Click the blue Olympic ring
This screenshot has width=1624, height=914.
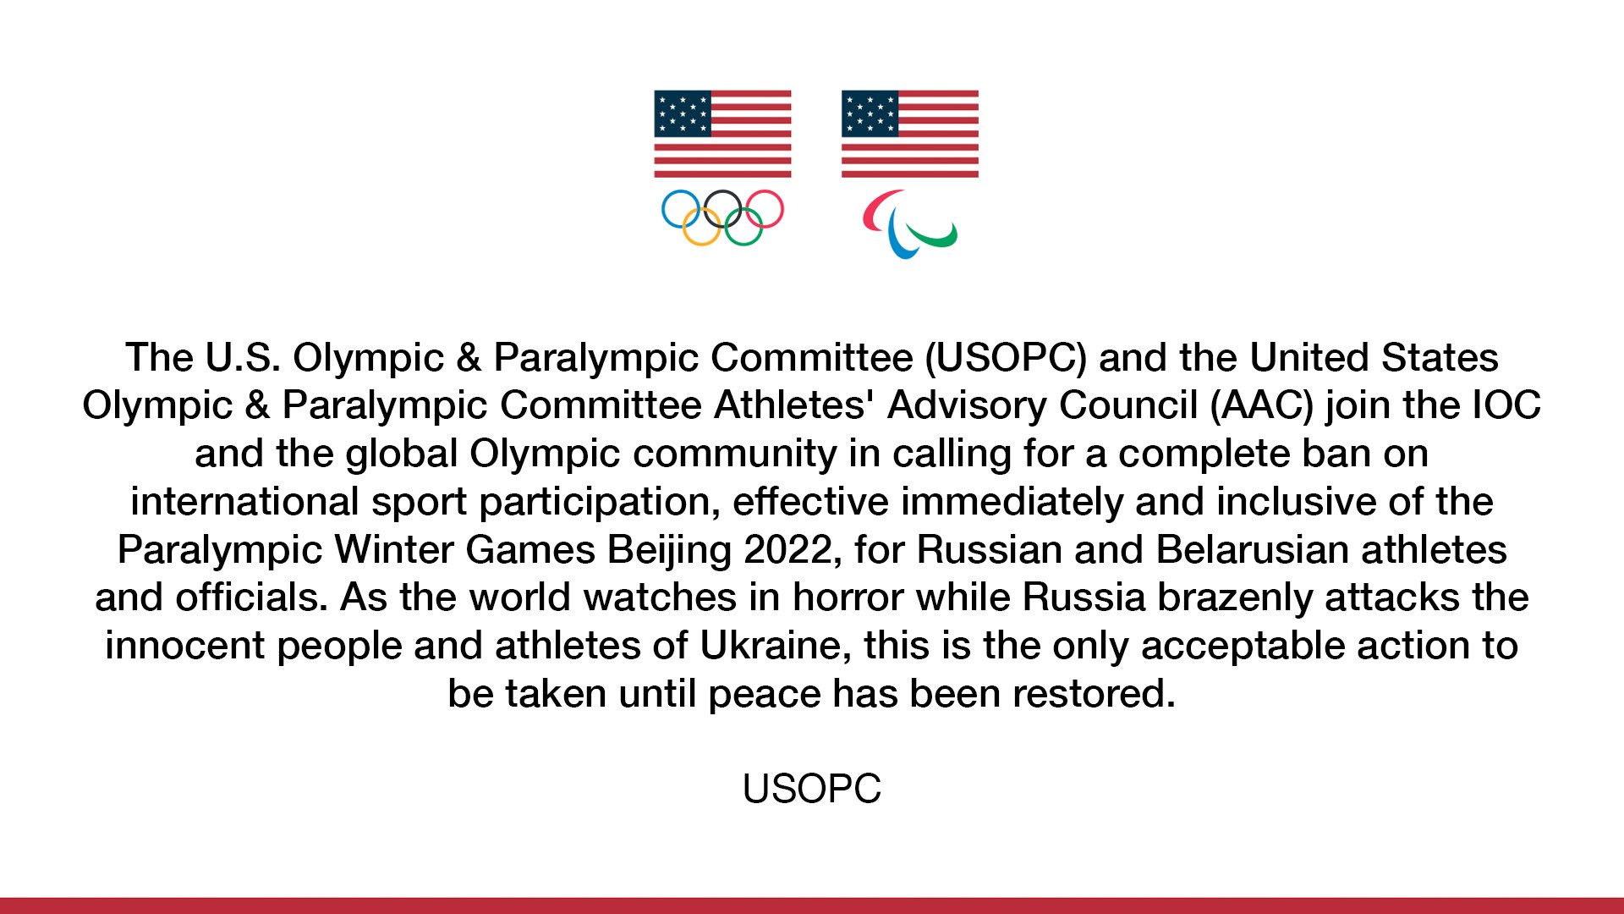662,209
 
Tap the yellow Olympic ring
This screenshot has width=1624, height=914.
701,244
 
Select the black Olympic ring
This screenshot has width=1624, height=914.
722,191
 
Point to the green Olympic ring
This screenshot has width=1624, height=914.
743,244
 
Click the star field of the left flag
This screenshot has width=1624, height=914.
683,113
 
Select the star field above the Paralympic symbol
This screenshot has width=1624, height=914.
870,113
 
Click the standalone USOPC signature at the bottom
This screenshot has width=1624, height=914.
812,789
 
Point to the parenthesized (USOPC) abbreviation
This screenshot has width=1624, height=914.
1006,358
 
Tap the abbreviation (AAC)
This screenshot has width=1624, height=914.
1262,405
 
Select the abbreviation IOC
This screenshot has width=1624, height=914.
1506,405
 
